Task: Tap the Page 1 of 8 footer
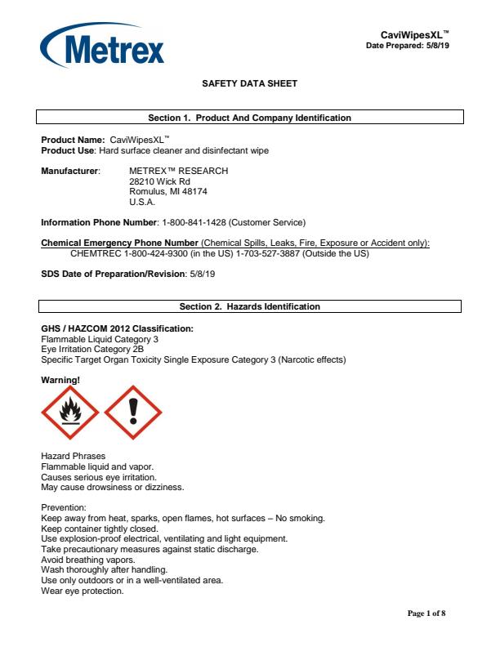pos(426,614)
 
